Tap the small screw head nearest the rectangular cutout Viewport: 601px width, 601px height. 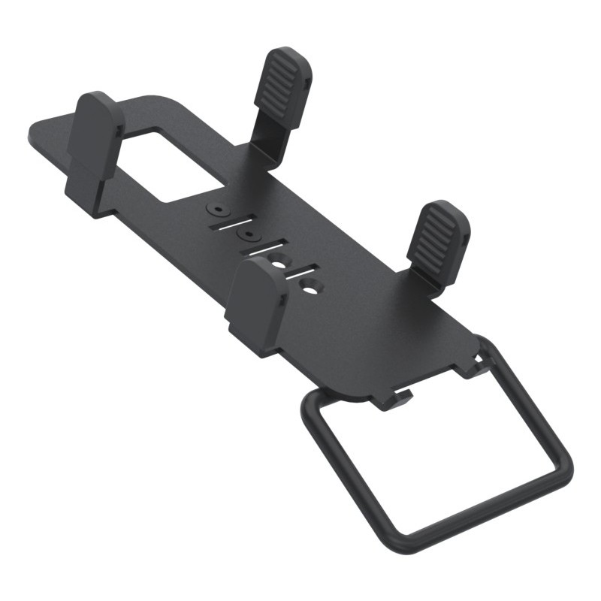tap(217, 207)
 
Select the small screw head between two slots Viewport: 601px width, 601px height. tap(246, 235)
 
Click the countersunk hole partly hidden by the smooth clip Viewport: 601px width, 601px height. tap(279, 261)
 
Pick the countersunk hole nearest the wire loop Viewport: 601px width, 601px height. tap(309, 285)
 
